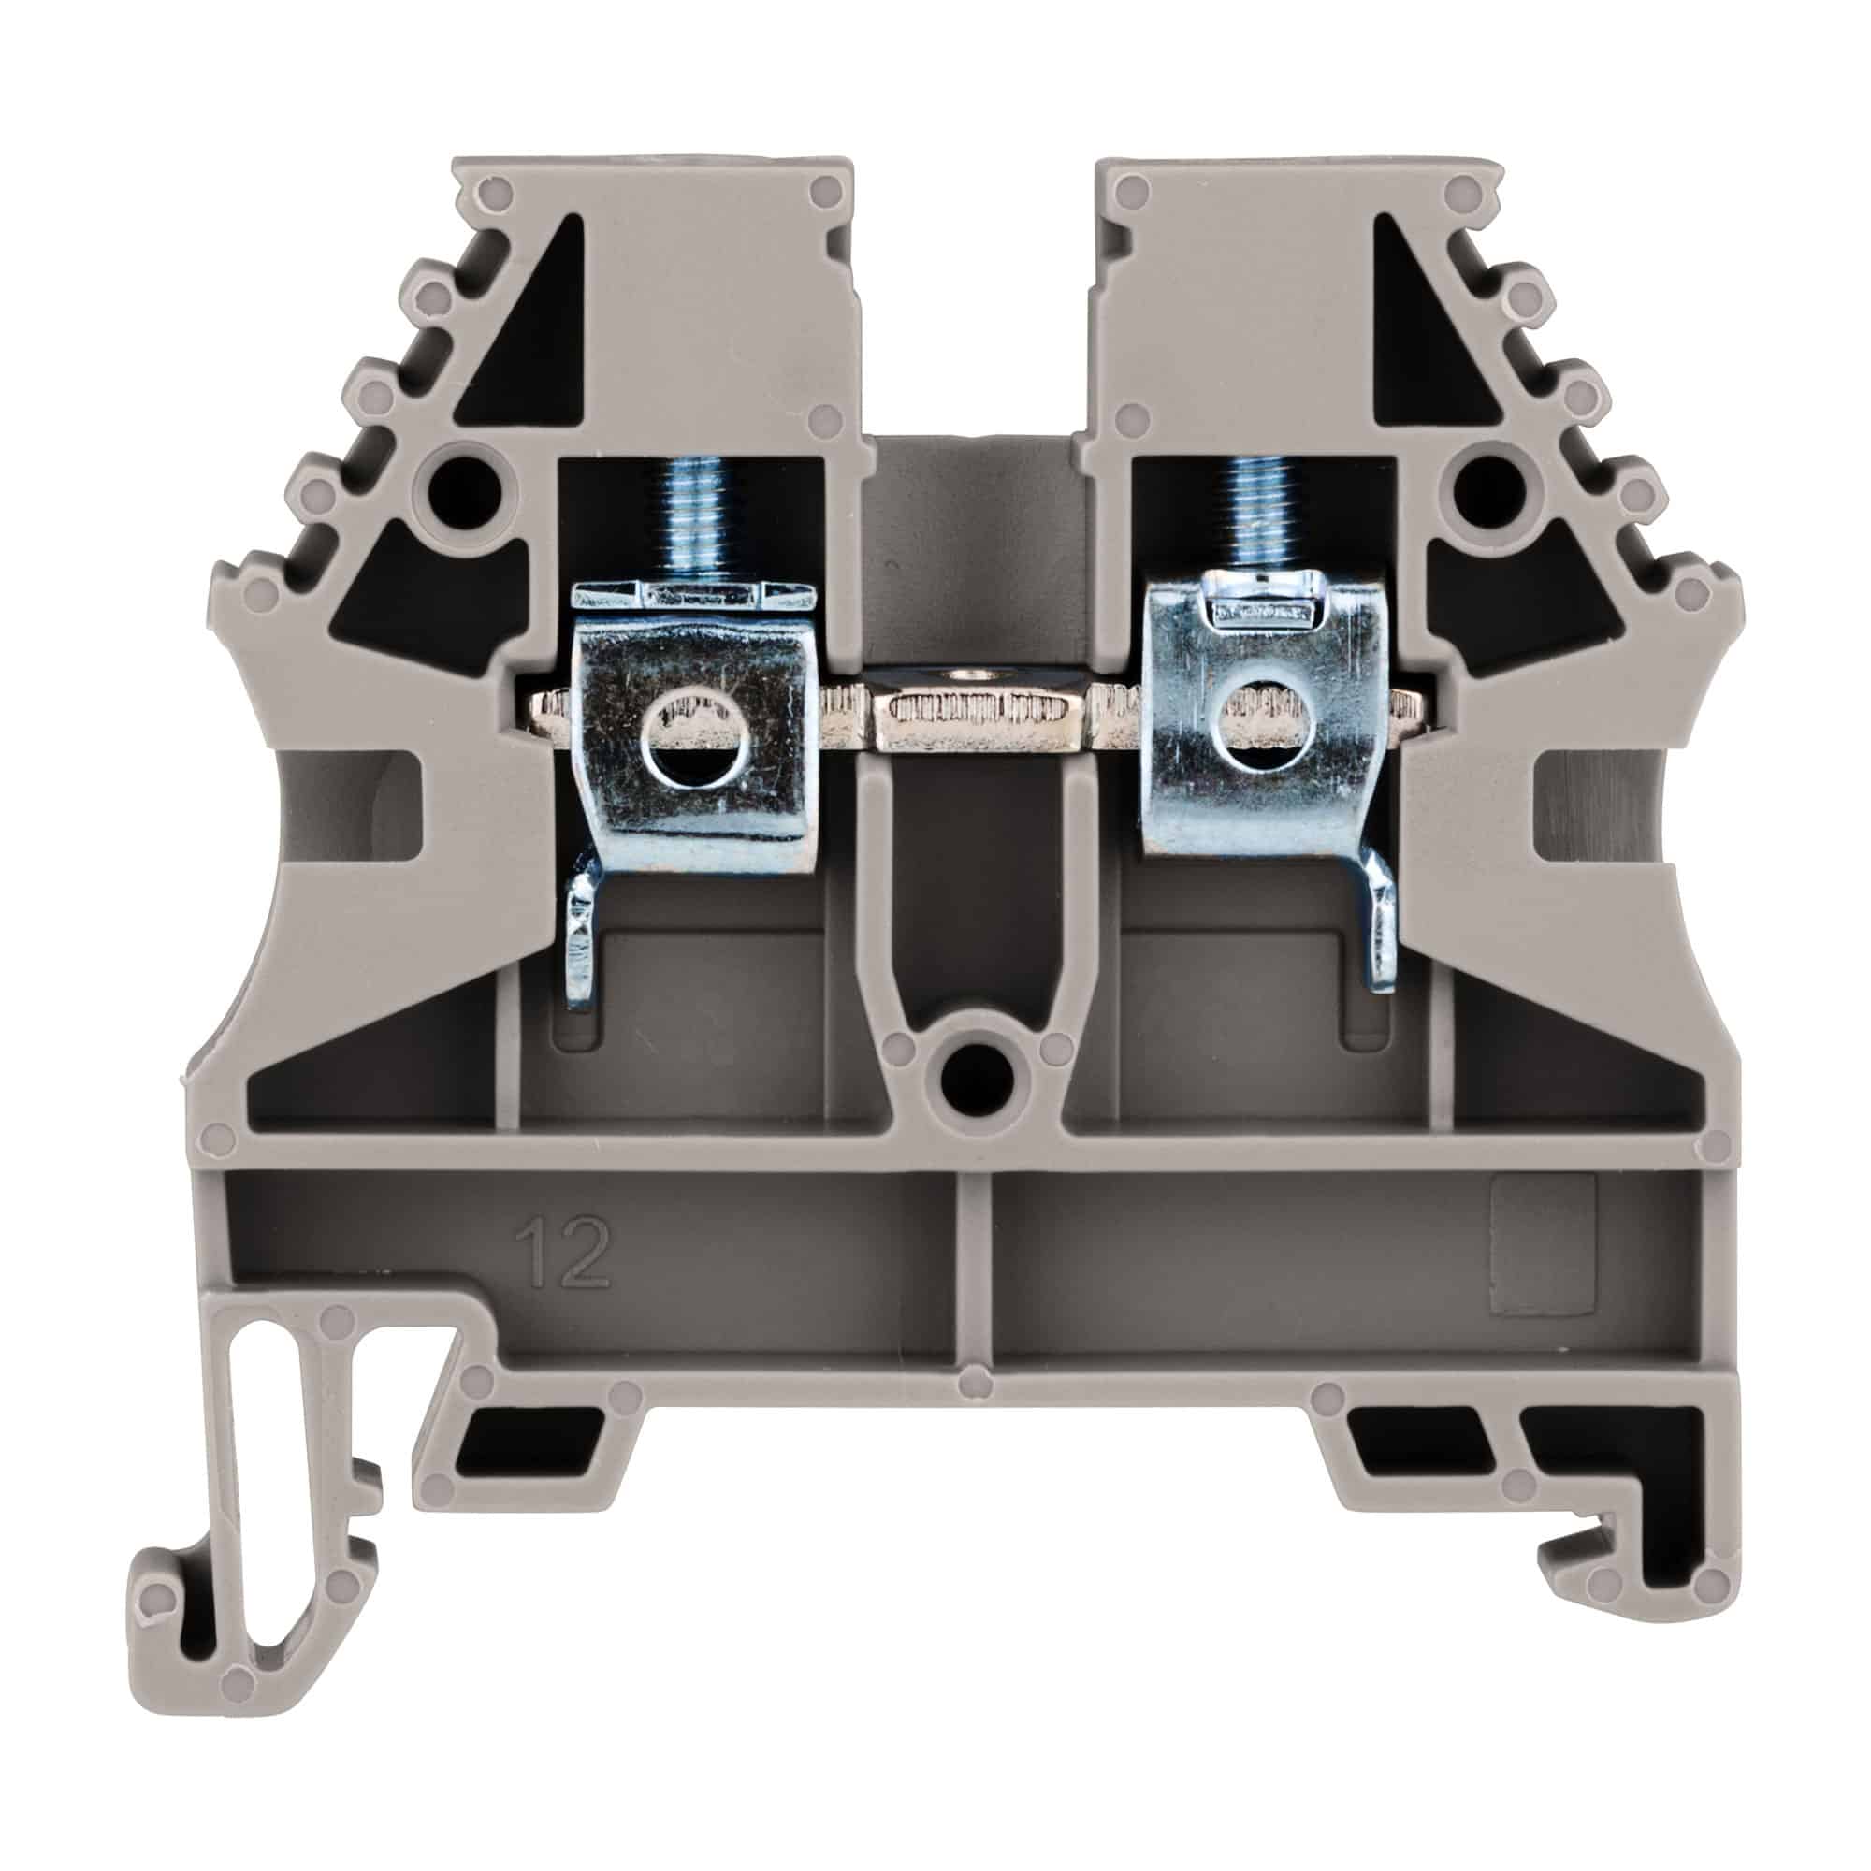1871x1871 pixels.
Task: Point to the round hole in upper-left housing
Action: [x=464, y=476]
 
